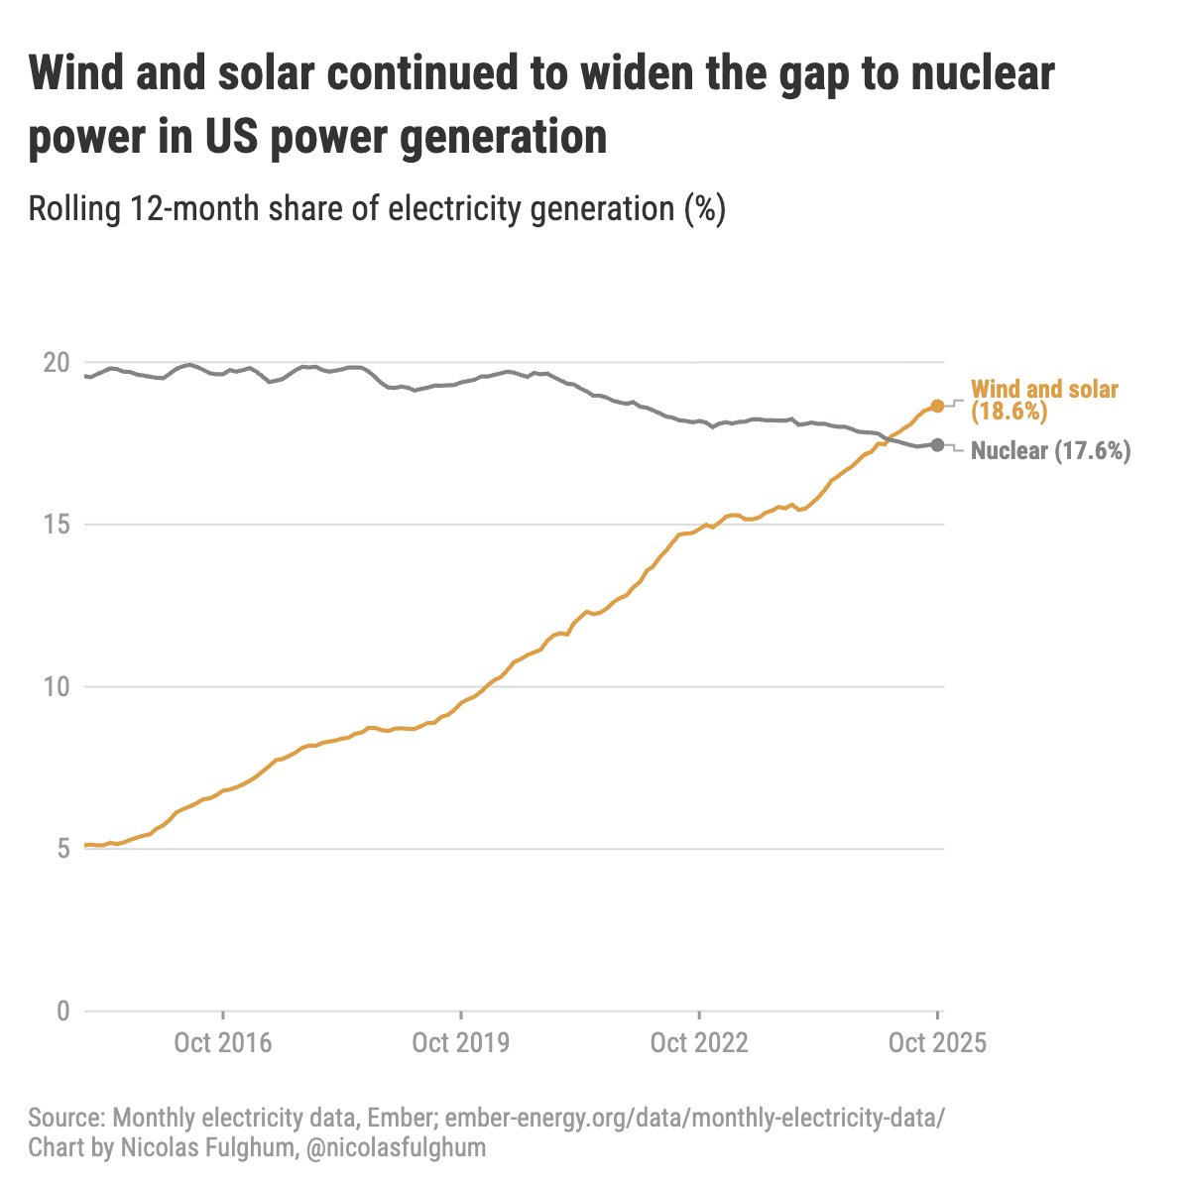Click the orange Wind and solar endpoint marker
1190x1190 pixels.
point(937,407)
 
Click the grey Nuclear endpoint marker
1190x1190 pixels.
point(937,444)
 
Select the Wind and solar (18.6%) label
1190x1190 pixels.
point(1043,401)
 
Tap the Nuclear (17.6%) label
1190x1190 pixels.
point(1050,451)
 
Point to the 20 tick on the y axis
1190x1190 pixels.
point(57,363)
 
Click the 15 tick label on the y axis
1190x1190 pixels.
point(57,525)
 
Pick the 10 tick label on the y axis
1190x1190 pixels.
point(57,687)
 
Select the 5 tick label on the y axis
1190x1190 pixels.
point(62,849)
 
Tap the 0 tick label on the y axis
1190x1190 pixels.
point(62,1011)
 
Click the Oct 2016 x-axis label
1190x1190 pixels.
point(222,1043)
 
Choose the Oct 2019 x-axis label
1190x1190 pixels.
point(460,1043)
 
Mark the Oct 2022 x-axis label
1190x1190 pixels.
point(699,1043)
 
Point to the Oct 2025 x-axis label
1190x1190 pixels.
point(937,1043)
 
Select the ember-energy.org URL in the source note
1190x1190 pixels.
point(695,1119)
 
